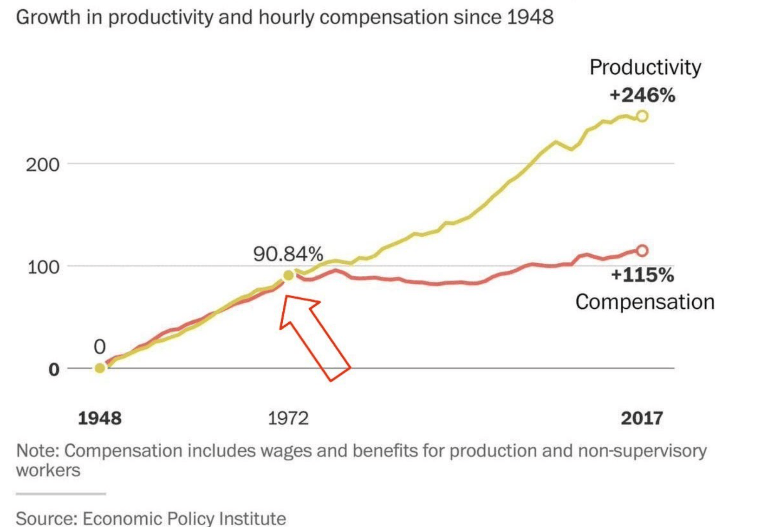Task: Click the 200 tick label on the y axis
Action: tap(42, 165)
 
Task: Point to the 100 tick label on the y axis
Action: tap(43, 267)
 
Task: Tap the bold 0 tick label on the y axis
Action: tap(54, 370)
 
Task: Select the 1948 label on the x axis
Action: tap(100, 418)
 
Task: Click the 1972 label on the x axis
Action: tap(288, 418)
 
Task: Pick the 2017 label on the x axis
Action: tap(642, 418)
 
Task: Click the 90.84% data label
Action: tap(288, 254)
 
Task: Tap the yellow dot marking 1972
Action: tap(288, 276)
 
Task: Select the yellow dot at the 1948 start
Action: tap(100, 368)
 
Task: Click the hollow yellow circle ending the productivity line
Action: tap(642, 116)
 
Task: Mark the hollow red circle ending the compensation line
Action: tap(642, 251)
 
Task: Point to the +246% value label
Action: tap(643, 95)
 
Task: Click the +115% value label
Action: tap(643, 275)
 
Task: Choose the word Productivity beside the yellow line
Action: tap(645, 68)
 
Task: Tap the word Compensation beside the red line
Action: tap(645, 302)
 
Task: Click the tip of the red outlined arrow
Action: tap(286, 297)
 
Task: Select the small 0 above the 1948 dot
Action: tap(100, 347)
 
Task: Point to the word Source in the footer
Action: tap(45, 518)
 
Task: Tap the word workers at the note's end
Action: tap(48, 470)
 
